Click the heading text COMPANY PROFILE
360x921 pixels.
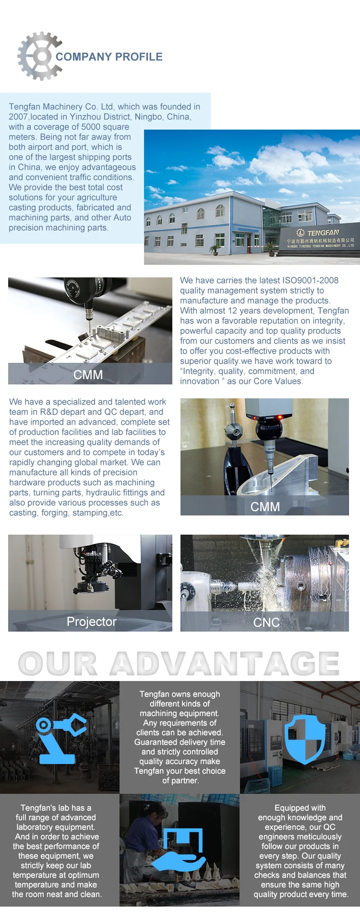pos(109,57)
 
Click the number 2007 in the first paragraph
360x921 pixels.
pos(18,117)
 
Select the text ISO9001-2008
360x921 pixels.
pos(311,280)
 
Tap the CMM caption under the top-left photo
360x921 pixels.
pos(88,375)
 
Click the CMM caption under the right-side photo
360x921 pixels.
pos(265,507)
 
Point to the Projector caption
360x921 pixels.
pos(92,622)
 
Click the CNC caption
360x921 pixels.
pos(266,622)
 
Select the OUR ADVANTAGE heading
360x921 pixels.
pos(179,664)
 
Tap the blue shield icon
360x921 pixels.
pos(305,739)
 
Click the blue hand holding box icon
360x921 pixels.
pos(179,850)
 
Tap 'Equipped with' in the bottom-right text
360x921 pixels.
pos(300,808)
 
